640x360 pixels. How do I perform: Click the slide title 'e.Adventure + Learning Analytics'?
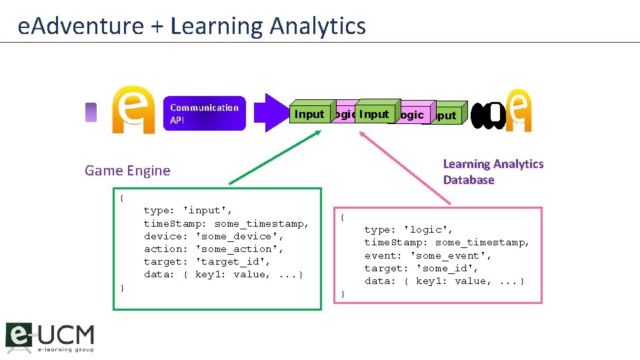tap(192, 26)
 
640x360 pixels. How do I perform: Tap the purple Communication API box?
tap(204, 113)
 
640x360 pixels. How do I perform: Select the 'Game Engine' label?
tap(127, 171)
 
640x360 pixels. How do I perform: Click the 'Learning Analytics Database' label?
tap(493, 172)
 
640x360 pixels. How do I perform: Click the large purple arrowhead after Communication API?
tap(277, 113)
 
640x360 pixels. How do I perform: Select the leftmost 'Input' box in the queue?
tap(309, 114)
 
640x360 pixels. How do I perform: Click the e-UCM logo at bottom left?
tap(50, 337)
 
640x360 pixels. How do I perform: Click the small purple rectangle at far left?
tap(91, 113)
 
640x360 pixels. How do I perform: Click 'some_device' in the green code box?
tap(240, 236)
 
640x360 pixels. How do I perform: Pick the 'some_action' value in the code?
tap(240, 249)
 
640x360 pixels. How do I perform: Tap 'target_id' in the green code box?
tap(233, 261)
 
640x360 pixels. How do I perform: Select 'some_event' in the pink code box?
tap(451, 255)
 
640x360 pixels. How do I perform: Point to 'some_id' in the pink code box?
tap(447, 268)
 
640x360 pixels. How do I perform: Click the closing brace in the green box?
tap(122, 287)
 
